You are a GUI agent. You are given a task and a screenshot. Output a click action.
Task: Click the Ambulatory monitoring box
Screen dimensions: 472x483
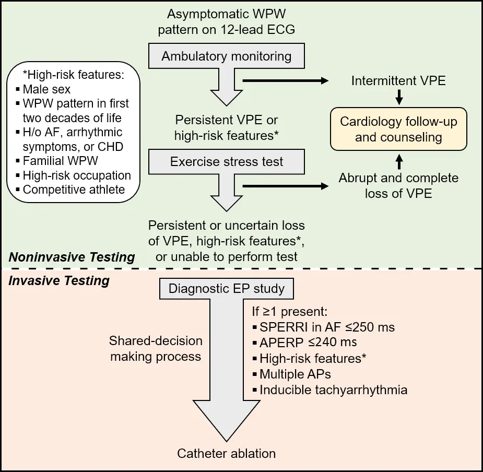coord(226,56)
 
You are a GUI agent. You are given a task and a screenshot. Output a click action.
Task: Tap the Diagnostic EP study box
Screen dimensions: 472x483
coord(226,289)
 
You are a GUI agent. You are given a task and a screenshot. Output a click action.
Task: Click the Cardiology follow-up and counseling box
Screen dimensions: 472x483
coord(398,129)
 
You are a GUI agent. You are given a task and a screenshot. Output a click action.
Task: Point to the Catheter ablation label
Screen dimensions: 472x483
coord(226,453)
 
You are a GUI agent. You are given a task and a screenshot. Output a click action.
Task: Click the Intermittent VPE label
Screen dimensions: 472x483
coord(398,81)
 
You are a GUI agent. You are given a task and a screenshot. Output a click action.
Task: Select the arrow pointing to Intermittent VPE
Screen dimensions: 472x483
coord(285,81)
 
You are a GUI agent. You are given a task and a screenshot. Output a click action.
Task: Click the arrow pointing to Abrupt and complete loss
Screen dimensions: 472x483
coord(285,186)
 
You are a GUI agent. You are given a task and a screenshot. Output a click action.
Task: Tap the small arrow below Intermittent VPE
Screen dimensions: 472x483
coord(398,97)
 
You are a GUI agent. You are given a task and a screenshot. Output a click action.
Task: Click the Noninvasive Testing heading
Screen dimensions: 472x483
coord(72,257)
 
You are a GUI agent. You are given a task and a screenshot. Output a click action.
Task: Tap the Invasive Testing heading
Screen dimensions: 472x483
coord(59,281)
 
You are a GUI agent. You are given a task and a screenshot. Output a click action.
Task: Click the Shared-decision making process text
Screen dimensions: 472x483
coord(156,349)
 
